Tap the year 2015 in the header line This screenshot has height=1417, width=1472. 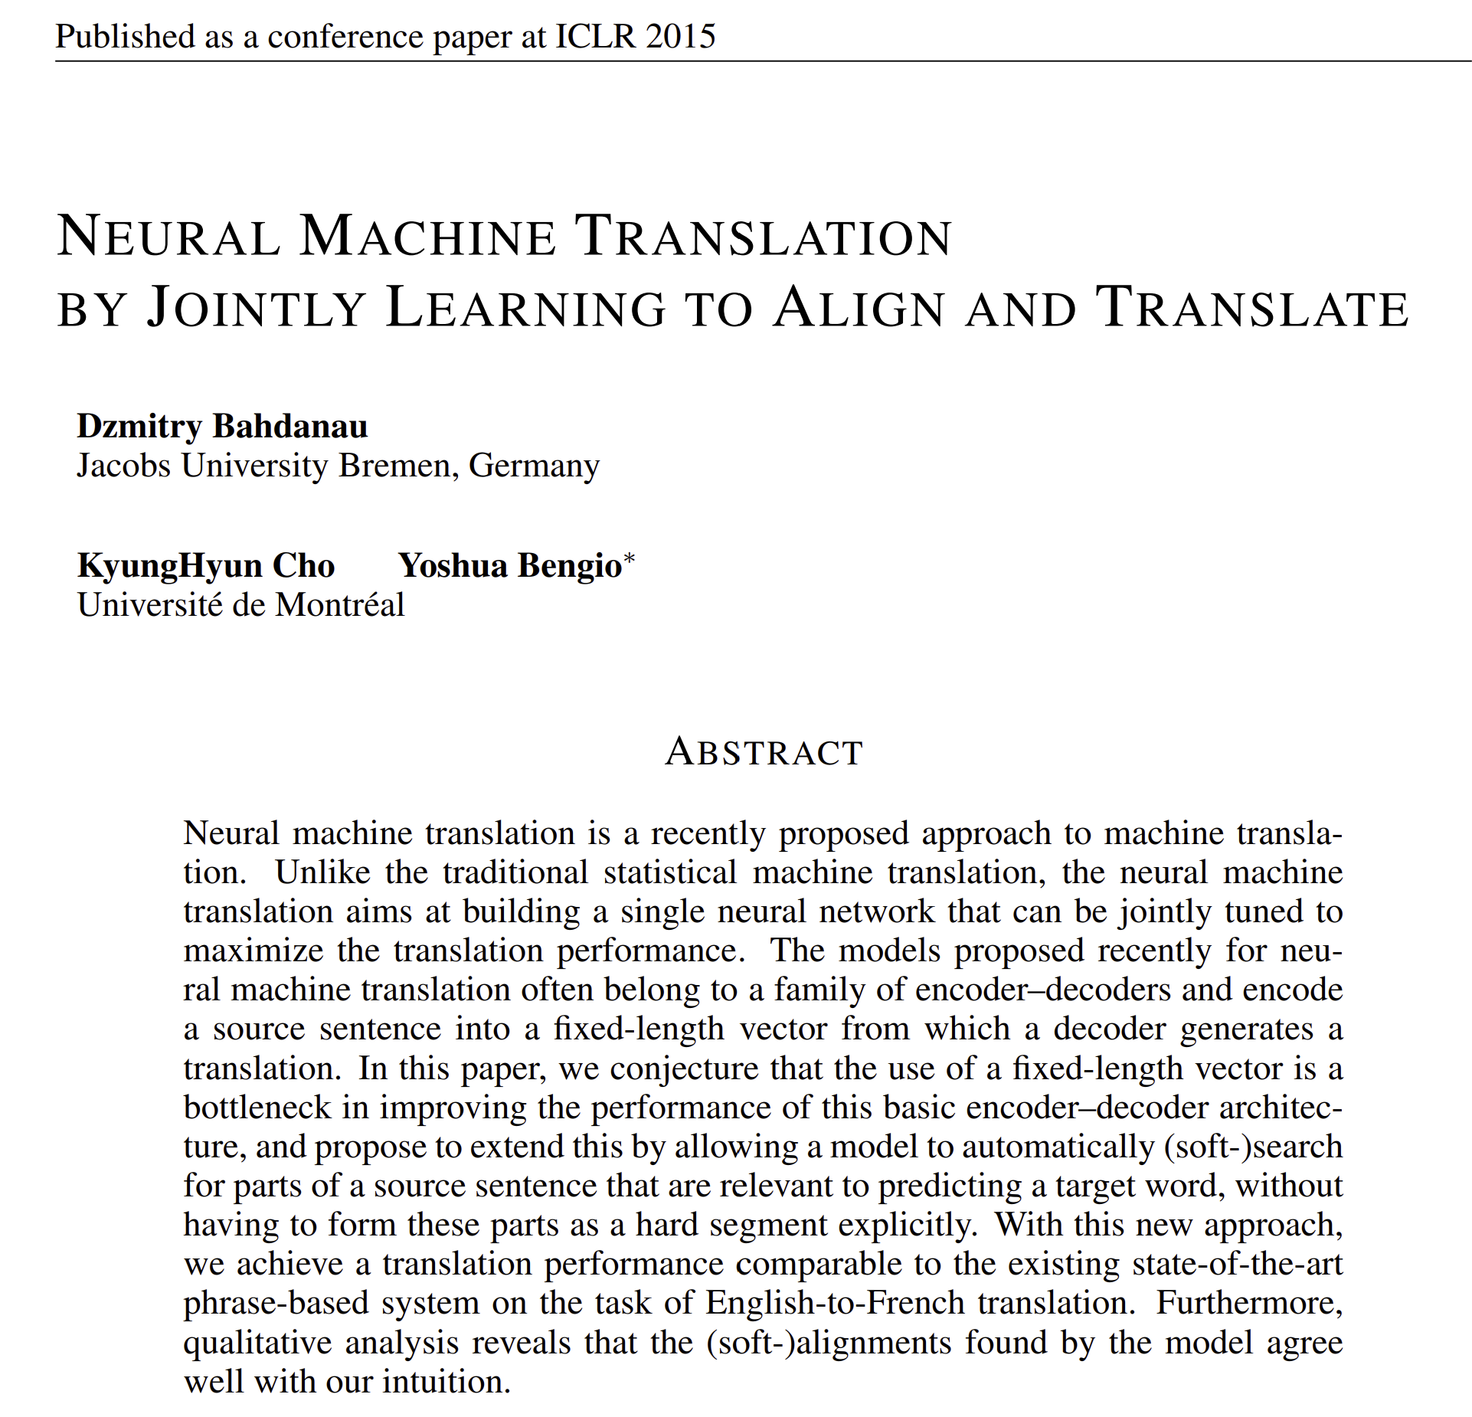tap(680, 37)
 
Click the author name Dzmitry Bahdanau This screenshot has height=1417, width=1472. tap(222, 426)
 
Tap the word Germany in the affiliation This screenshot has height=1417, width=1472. tap(534, 466)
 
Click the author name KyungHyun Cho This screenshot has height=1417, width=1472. tap(206, 565)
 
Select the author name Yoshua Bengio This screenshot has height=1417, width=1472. tap(509, 565)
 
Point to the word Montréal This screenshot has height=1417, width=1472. tap(339, 605)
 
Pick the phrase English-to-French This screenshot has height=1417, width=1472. tap(835, 1303)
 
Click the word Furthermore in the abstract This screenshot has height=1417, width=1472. tap(1249, 1303)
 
